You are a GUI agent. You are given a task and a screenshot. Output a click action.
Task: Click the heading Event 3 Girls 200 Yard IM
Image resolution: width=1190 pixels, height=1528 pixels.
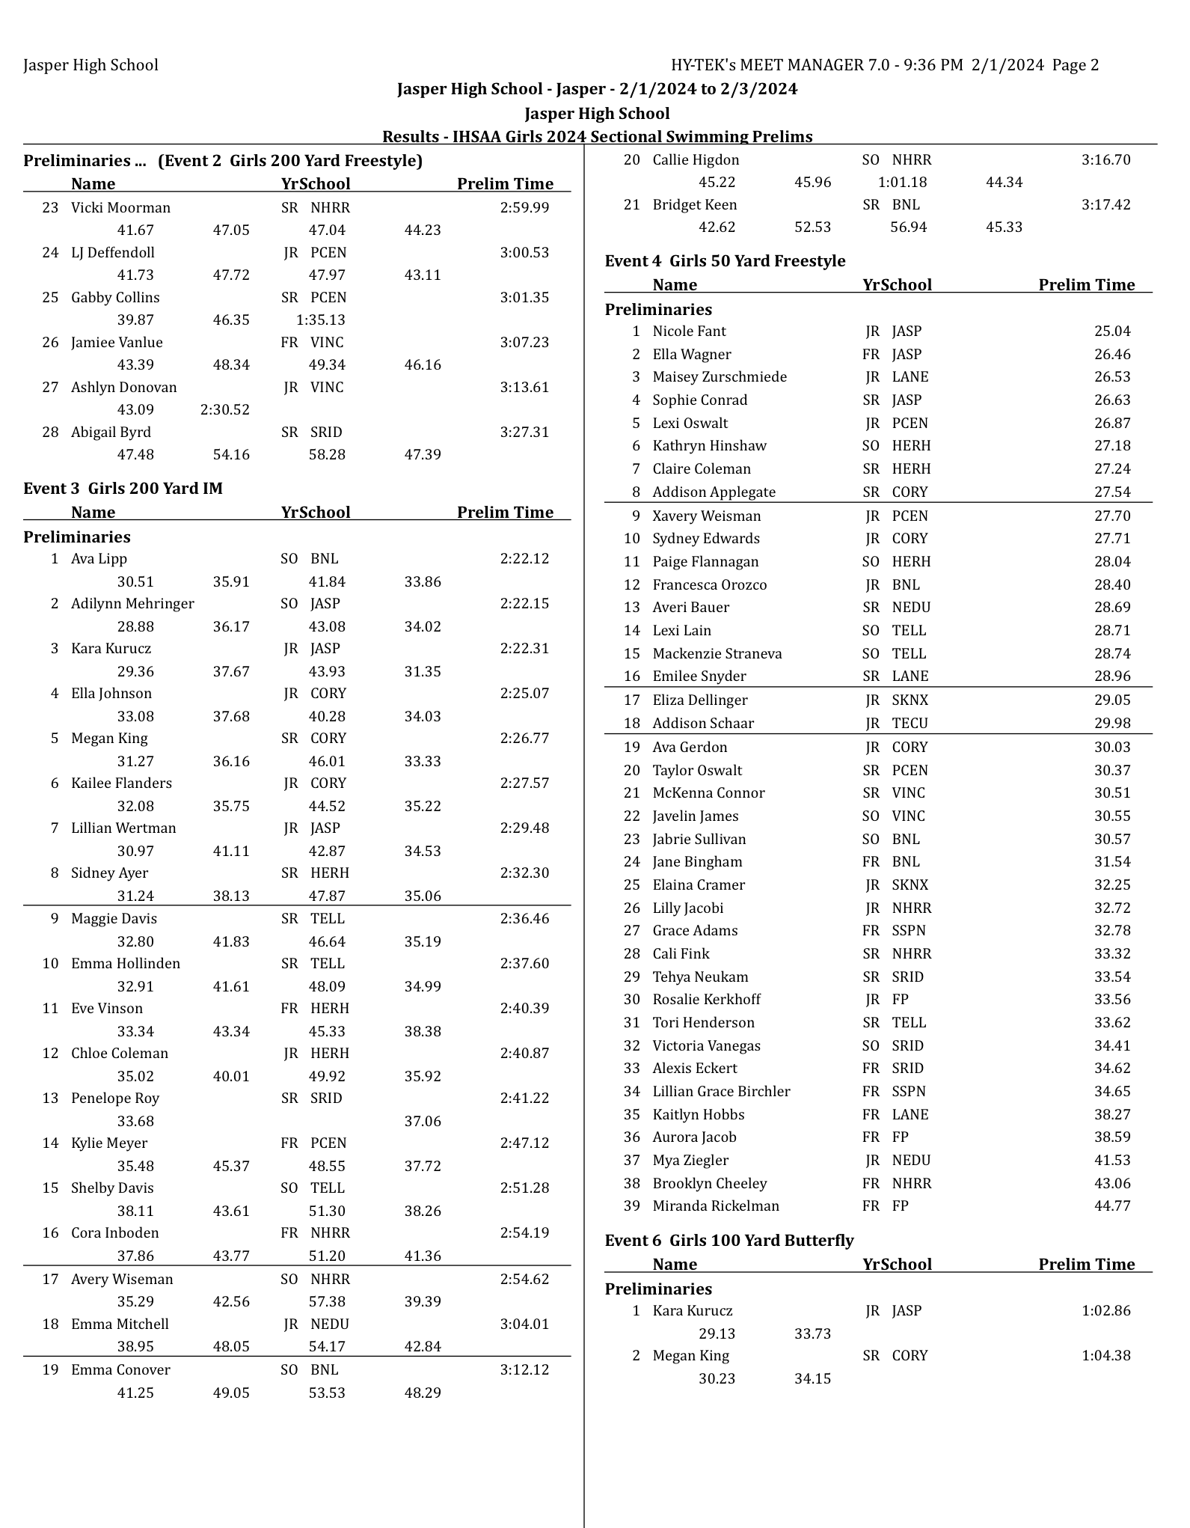click(x=123, y=489)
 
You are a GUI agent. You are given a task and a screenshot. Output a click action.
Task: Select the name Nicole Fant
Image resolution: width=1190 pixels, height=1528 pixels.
click(x=689, y=331)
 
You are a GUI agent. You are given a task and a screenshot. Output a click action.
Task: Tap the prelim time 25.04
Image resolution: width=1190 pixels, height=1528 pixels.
click(x=1112, y=331)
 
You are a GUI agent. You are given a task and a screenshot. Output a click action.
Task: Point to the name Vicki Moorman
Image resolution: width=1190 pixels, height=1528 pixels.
click(x=120, y=208)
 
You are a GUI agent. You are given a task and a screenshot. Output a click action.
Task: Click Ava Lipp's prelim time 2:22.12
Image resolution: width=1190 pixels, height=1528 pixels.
click(x=524, y=559)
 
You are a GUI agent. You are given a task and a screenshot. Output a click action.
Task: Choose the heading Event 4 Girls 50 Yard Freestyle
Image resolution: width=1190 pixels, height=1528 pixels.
click(x=725, y=261)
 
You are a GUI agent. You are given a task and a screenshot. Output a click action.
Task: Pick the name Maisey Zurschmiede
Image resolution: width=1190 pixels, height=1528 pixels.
click(x=720, y=377)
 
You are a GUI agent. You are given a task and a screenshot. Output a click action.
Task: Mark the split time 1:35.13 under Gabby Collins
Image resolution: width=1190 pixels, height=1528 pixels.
click(x=321, y=320)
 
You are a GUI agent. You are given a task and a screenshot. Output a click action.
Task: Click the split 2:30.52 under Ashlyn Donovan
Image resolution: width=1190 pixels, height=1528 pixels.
click(x=225, y=410)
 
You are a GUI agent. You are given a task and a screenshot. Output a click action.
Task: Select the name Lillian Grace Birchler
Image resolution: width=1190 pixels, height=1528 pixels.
click(x=721, y=1092)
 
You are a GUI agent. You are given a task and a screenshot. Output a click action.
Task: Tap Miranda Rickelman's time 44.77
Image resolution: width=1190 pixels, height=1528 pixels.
click(x=1112, y=1206)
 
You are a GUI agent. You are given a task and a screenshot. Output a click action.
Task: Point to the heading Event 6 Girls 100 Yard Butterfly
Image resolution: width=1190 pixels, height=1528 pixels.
click(x=729, y=1241)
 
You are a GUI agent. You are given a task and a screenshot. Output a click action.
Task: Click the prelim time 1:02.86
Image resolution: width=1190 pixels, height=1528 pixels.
click(x=1105, y=1311)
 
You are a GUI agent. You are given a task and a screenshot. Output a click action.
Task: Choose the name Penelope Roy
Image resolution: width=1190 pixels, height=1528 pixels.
click(x=115, y=1098)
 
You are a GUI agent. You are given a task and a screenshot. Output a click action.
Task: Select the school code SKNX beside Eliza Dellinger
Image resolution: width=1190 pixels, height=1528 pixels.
click(x=910, y=700)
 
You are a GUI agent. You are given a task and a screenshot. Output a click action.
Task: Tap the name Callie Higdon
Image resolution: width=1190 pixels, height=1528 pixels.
click(x=696, y=160)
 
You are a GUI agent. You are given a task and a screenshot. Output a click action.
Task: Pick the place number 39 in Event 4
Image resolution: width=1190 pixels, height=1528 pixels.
click(x=632, y=1206)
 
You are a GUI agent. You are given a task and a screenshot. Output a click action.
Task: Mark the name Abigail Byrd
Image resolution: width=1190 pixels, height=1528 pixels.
click(x=111, y=433)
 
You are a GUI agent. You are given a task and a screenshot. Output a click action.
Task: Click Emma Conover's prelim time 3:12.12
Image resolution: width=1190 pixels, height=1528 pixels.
click(x=524, y=1370)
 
